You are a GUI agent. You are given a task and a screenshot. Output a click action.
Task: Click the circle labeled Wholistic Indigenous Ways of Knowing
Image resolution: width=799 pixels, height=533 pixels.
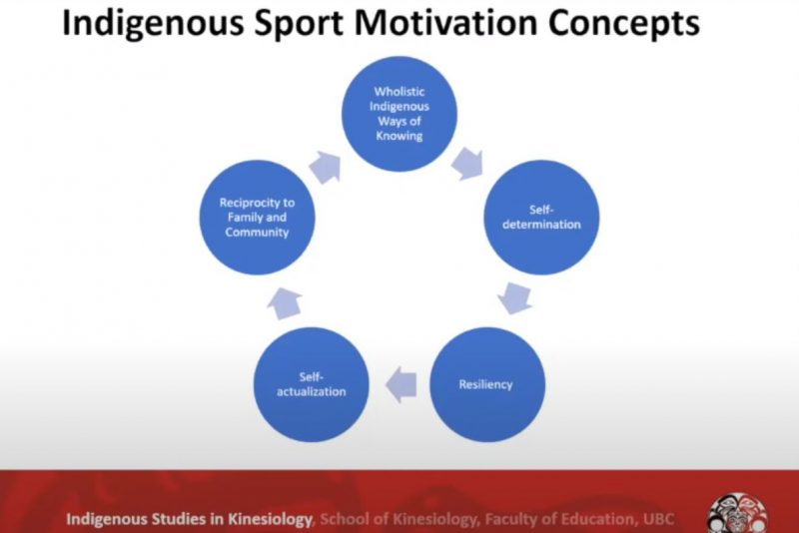point(399,114)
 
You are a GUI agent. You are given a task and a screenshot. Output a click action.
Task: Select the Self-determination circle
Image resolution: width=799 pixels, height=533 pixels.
point(541,218)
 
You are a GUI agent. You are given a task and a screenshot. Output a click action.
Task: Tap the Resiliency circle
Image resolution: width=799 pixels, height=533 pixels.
point(487,384)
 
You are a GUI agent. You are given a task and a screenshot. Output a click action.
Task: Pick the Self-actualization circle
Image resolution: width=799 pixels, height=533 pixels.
point(312,384)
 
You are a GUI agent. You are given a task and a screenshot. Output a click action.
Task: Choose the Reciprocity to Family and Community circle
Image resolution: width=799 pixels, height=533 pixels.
point(257,218)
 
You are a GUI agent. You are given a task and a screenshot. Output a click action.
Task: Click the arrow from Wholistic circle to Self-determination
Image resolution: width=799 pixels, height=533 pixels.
point(467,164)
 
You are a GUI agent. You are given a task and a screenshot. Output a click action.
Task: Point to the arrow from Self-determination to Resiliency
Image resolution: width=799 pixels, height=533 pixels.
point(515,298)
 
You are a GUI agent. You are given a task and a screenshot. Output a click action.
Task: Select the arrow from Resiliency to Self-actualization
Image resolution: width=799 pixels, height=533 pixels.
point(401,385)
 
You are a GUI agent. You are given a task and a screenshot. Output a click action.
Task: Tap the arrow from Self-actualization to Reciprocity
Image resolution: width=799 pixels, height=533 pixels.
point(285,303)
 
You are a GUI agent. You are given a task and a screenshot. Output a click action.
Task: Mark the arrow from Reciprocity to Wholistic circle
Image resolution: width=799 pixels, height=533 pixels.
point(326,168)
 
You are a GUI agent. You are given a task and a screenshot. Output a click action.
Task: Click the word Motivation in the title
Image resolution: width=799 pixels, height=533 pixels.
point(445,22)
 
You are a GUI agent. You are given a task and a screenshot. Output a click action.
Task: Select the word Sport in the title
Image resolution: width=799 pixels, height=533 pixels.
point(299,23)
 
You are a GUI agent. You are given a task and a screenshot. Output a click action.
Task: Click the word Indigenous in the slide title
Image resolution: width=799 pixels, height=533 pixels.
point(153,23)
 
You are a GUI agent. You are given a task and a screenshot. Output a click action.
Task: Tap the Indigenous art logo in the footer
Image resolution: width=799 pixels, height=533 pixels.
point(738,513)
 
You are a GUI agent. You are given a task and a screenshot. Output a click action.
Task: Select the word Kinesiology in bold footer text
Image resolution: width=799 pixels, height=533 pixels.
point(270,520)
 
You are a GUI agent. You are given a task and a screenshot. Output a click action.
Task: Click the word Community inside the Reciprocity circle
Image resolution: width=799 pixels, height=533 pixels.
point(257,233)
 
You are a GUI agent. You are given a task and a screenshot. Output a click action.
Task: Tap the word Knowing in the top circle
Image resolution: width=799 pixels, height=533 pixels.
point(399,136)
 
